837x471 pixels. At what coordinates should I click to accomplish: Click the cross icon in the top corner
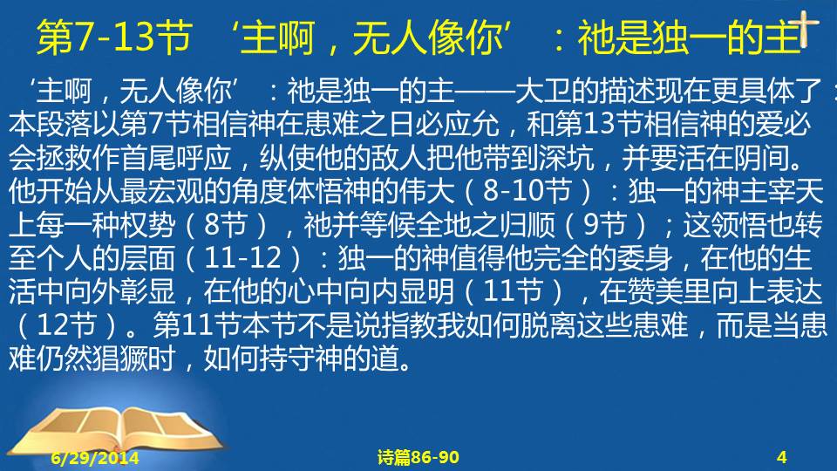coord(804,27)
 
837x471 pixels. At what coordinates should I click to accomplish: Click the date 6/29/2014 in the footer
coord(95,458)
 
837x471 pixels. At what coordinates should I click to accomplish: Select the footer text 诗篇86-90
coord(418,457)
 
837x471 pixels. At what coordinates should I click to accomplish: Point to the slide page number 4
coord(781,457)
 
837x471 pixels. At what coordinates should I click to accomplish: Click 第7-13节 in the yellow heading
coord(114,38)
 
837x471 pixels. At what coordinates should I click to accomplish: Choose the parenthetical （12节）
coord(67,325)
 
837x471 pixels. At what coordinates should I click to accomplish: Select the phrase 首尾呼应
coord(175,158)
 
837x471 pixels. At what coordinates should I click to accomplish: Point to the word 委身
coord(643,258)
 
